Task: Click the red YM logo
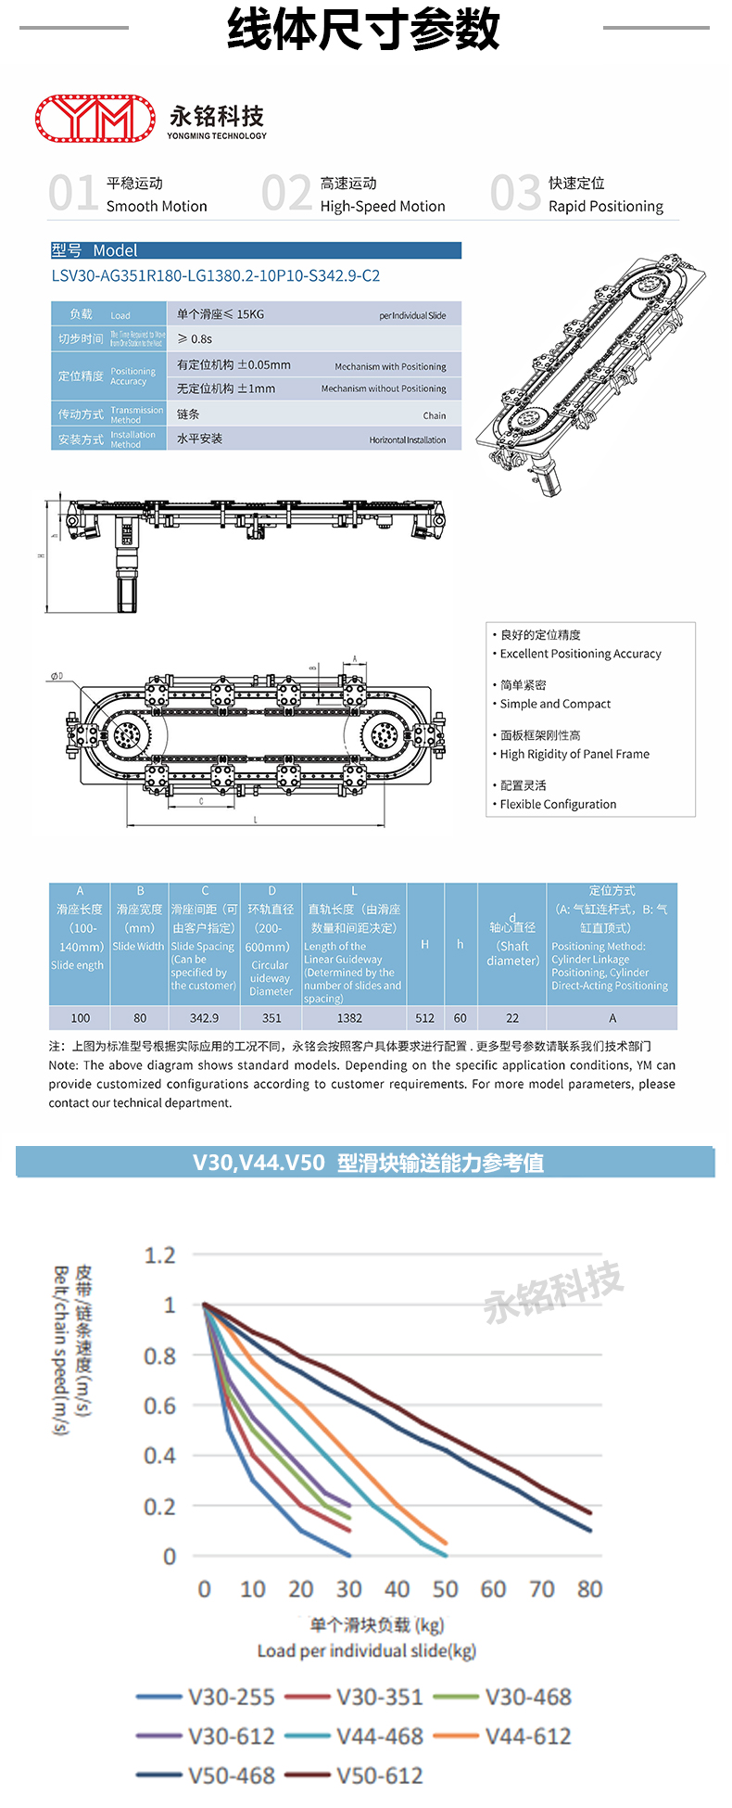click(x=95, y=119)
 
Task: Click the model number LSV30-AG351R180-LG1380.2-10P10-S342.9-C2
click(x=216, y=275)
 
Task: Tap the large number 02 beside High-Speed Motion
click(x=286, y=193)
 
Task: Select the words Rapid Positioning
click(x=605, y=206)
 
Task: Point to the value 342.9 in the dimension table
click(x=204, y=1018)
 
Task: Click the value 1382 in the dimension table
click(x=349, y=1018)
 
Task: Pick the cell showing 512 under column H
click(x=424, y=1018)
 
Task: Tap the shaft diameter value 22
click(x=512, y=1018)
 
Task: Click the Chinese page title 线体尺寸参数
click(x=364, y=30)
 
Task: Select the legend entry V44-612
click(x=528, y=1736)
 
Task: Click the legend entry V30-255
click(x=232, y=1697)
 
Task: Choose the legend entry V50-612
click(x=380, y=1776)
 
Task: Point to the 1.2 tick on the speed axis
click(x=159, y=1255)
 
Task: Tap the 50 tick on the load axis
click(x=445, y=1589)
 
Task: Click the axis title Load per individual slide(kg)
click(x=367, y=1650)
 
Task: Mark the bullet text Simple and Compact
click(x=555, y=704)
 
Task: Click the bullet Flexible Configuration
click(x=558, y=804)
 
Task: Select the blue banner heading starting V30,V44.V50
click(x=368, y=1163)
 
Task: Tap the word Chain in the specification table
click(x=435, y=415)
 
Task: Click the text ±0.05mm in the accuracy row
click(x=264, y=365)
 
